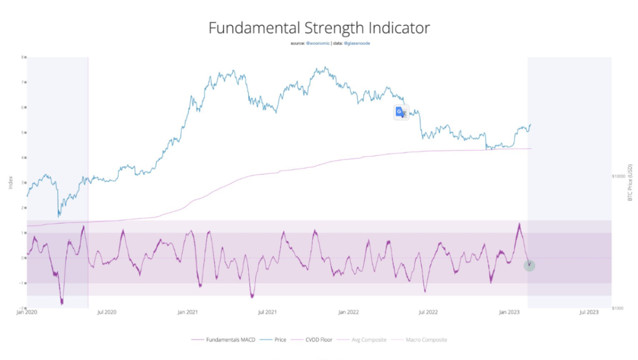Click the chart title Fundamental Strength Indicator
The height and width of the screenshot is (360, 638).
coord(319,28)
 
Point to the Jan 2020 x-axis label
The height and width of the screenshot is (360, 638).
coord(27,312)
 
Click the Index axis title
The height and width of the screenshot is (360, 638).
coord(10,183)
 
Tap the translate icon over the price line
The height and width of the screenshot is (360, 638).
coord(401,112)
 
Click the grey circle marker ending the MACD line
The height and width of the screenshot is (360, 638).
coord(529,265)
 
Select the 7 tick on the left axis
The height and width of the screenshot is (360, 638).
coord(23,83)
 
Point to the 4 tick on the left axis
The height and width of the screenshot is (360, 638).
coord(23,158)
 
